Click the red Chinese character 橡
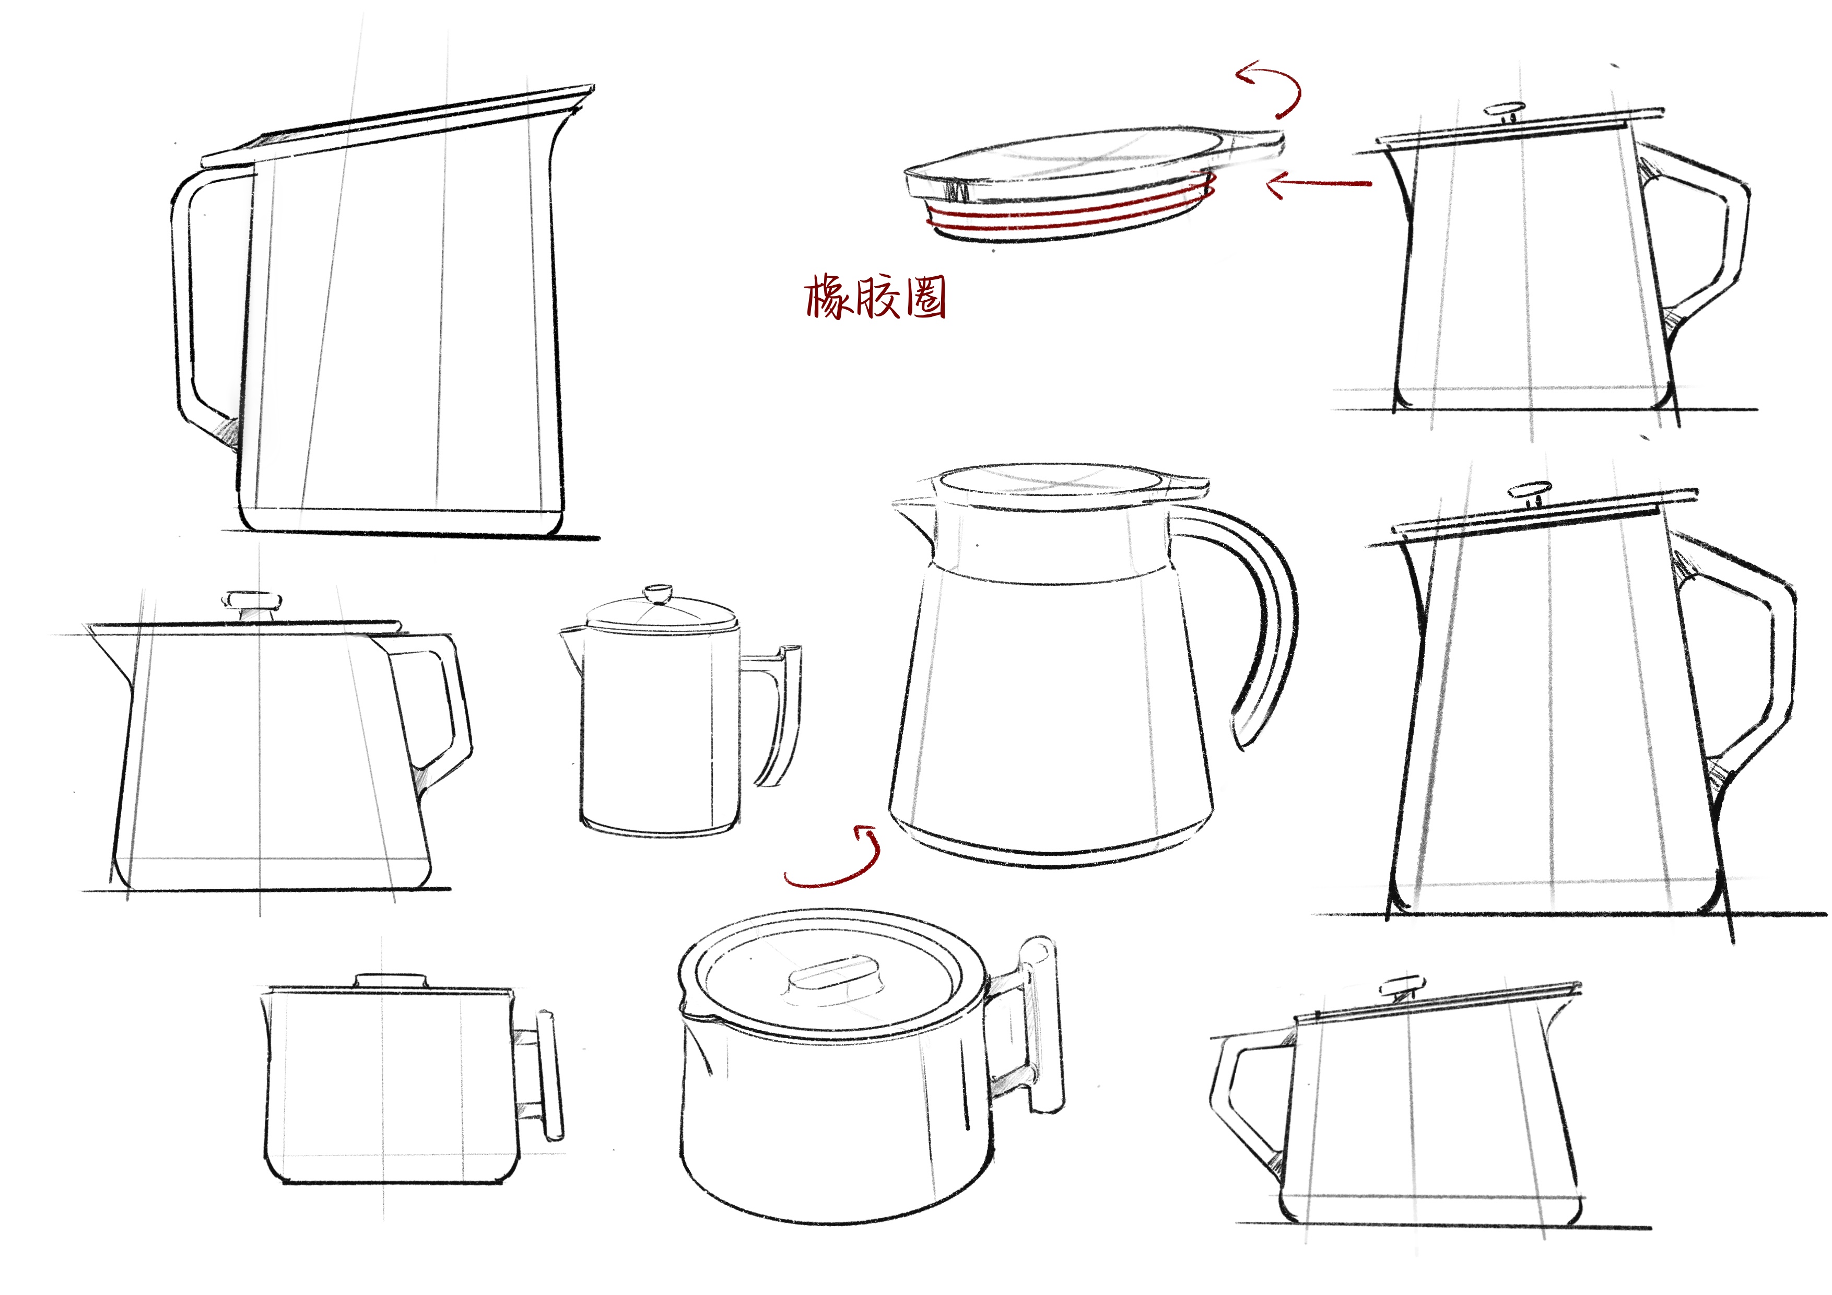[x=827, y=298]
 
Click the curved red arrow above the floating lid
[x=1273, y=88]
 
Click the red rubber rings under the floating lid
[x=1069, y=216]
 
